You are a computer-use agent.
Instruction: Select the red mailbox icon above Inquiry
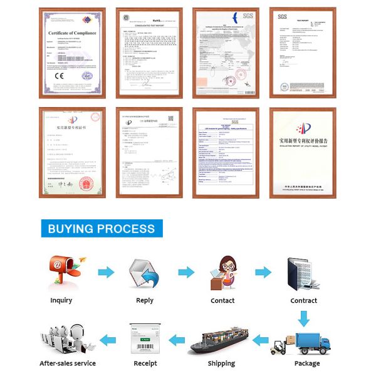point(60,272)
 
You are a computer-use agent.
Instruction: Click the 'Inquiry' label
point(61,301)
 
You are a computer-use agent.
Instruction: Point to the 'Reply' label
point(145,301)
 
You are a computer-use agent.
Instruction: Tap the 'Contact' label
point(222,301)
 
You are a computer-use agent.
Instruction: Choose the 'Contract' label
point(304,301)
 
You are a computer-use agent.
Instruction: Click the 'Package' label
point(307,363)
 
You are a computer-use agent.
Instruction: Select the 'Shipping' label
point(221,363)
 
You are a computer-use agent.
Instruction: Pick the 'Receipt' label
point(145,363)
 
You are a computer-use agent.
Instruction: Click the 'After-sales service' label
point(68,363)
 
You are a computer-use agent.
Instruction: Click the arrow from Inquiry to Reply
point(106,273)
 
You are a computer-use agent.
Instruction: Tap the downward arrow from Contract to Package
point(303,318)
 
